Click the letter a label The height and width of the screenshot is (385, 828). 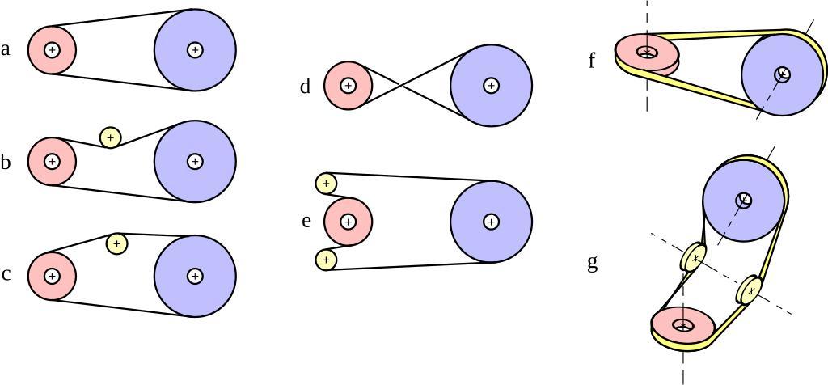[x=6, y=50]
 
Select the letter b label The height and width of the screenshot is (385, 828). [x=6, y=163]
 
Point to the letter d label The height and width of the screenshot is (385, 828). [x=305, y=87]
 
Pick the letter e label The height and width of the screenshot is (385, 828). [x=306, y=220]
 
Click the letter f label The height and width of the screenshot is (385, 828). [x=592, y=61]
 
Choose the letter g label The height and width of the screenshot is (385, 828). [x=593, y=263]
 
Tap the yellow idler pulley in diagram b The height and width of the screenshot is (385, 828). [x=111, y=137]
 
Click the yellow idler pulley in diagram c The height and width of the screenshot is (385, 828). [x=117, y=243]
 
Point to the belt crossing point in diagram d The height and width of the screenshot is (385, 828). [x=401, y=85]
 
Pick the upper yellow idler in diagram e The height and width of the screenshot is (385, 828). [x=326, y=184]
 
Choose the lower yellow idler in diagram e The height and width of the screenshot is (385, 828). [x=326, y=260]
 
